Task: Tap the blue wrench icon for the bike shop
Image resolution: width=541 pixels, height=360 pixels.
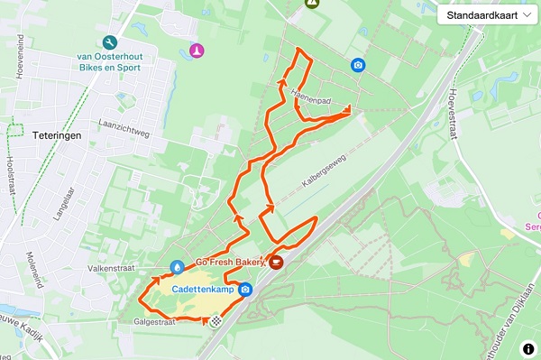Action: point(109,42)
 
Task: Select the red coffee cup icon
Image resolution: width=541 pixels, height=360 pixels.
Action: point(277,263)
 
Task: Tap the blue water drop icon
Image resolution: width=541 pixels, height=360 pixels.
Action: point(178,267)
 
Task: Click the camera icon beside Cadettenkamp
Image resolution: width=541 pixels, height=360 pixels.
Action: point(245,291)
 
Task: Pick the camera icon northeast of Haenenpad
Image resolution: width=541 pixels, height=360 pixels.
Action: point(358,65)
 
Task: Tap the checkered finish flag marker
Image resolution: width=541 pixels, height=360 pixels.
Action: point(216,319)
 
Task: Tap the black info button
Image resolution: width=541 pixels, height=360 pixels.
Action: point(527,347)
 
